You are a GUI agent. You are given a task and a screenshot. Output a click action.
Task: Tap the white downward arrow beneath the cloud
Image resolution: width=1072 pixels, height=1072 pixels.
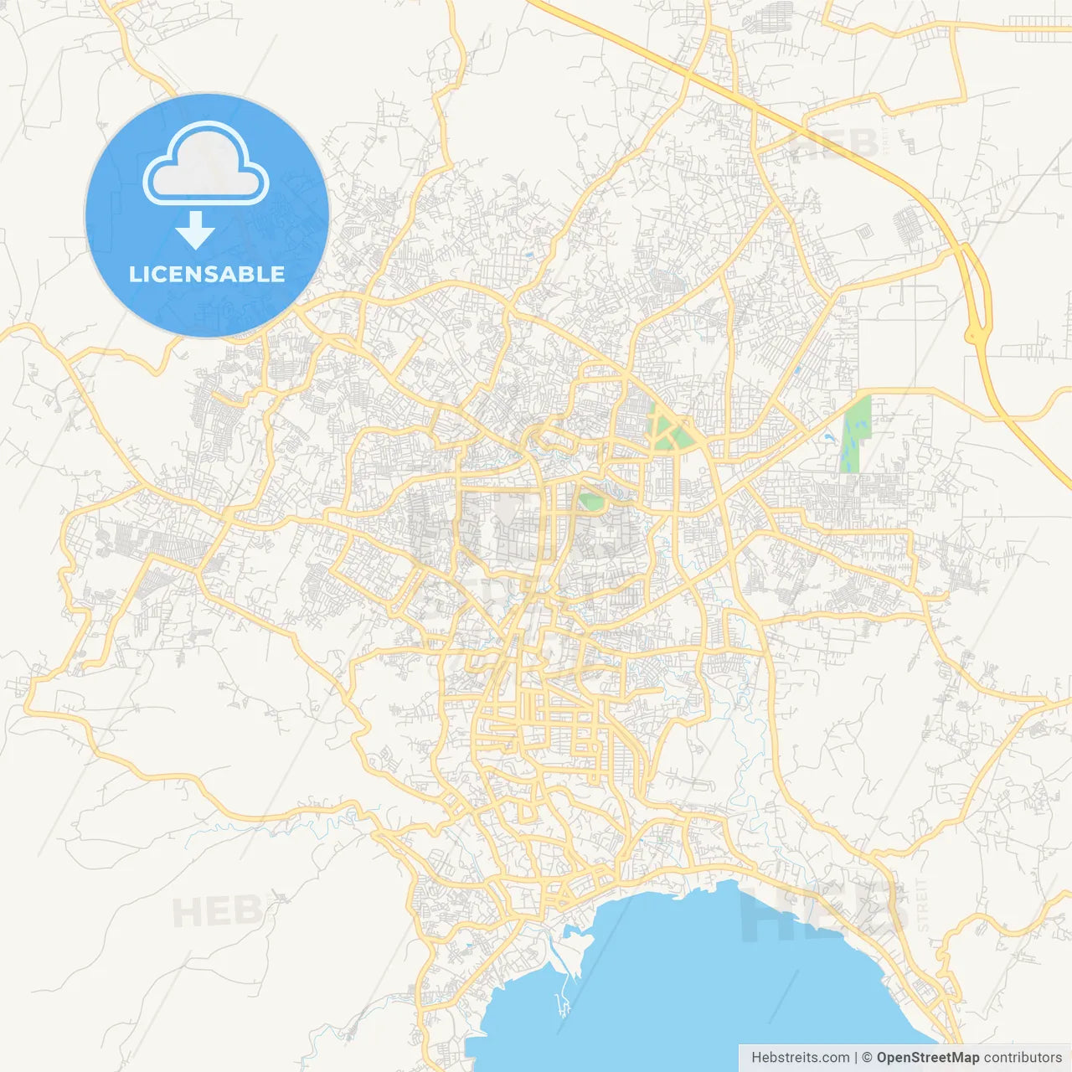(196, 230)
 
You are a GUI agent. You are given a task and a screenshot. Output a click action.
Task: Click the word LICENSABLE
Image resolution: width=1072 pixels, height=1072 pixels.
(207, 274)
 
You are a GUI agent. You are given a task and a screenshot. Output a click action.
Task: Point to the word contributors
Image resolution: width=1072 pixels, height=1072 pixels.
(1022, 1058)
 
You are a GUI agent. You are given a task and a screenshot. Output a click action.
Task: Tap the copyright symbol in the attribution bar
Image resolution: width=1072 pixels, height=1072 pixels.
(867, 1058)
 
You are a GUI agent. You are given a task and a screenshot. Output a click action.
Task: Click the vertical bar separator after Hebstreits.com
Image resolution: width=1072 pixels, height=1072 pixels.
(856, 1058)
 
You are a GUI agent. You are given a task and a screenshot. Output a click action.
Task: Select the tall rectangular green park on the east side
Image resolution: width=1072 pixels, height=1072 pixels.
(856, 434)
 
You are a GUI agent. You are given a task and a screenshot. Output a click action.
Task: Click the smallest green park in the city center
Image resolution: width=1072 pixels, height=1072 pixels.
(591, 502)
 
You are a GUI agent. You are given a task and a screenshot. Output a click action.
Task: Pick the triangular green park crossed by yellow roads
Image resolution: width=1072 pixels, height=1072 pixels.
(670, 430)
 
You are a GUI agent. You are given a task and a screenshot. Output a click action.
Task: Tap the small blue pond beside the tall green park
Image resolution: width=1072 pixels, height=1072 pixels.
(828, 437)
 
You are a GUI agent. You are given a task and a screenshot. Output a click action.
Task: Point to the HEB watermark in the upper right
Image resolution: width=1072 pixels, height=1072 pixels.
(834, 144)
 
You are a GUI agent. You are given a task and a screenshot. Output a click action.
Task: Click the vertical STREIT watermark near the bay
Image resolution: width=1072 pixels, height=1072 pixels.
(922, 905)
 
